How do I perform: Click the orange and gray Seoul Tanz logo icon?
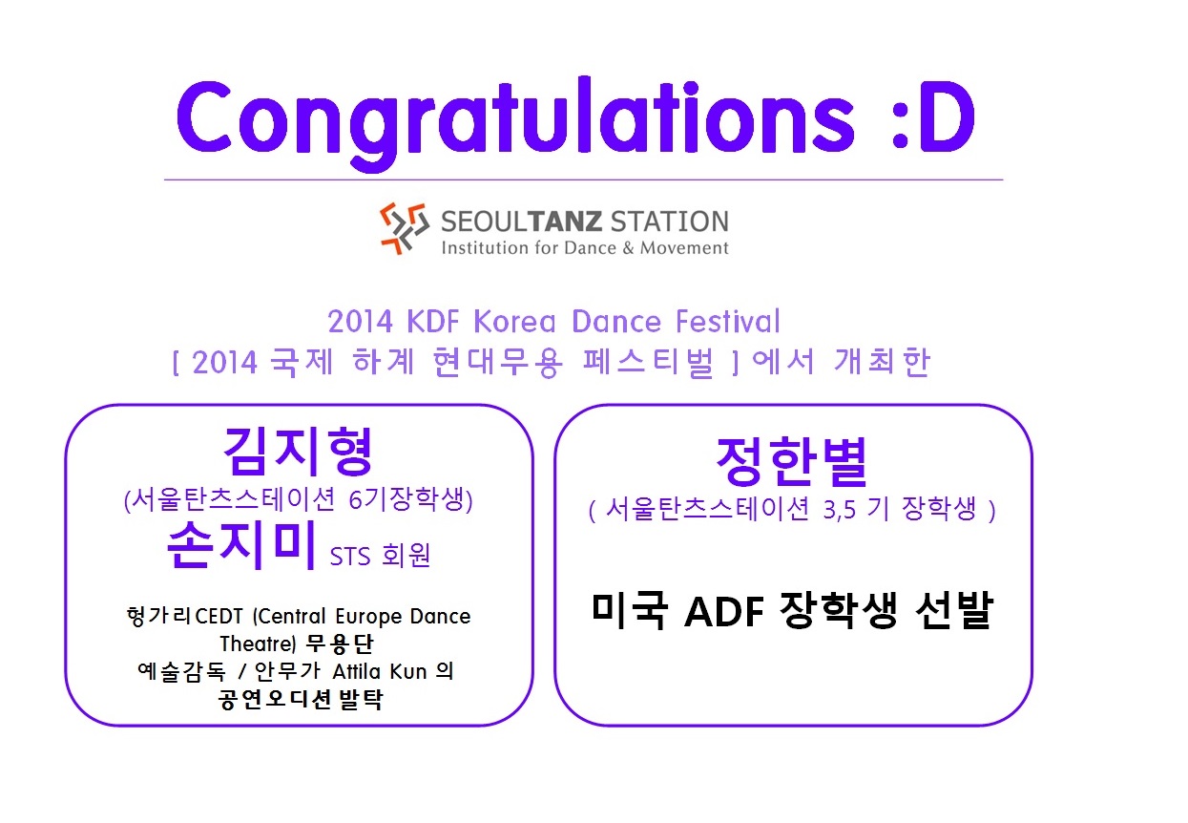point(405,228)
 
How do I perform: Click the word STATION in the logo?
point(670,222)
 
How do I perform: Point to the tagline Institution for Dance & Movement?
point(585,248)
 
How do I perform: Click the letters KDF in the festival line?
point(433,322)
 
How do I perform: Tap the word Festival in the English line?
point(728,321)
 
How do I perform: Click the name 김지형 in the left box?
point(298,451)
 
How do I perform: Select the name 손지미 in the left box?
point(241,545)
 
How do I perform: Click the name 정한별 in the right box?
point(792,462)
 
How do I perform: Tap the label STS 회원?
point(380,556)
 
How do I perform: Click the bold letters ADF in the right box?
point(724,612)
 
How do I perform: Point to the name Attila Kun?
point(379,672)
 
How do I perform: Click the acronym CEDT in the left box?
point(219,617)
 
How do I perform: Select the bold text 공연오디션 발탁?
point(301,700)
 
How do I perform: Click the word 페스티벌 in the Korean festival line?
point(648,363)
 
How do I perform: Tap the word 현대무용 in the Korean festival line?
point(497,363)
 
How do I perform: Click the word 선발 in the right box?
point(954,611)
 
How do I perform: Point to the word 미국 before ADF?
point(630,611)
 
